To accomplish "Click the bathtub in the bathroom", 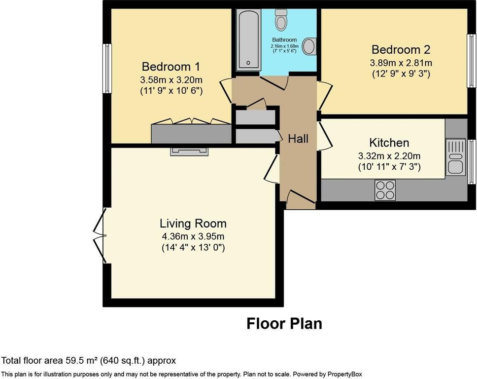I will tap(247, 39).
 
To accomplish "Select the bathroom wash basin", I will tap(309, 46).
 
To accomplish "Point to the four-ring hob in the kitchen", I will tap(385, 189).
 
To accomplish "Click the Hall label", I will tap(298, 139).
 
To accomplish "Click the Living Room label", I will tap(193, 224).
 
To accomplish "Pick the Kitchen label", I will tap(389, 143).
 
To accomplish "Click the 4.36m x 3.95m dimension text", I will tap(193, 236).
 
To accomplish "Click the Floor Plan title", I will tap(284, 324).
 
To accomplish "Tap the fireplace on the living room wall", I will tap(189, 151).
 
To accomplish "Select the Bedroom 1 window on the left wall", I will tap(107, 68).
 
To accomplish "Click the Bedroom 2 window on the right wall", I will tap(471, 61).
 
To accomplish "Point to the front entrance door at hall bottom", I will tap(300, 198).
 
